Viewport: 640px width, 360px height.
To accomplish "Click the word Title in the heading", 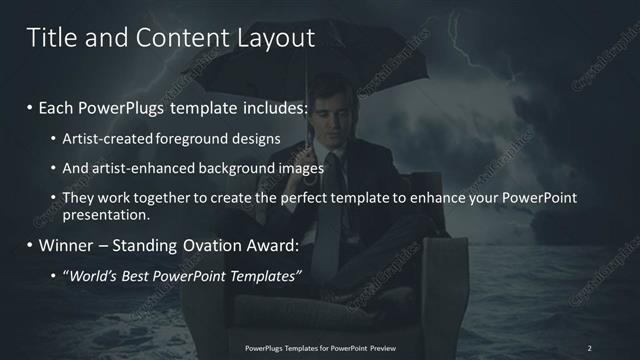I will tap(50, 38).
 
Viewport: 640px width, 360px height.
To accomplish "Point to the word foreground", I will tap(206, 137).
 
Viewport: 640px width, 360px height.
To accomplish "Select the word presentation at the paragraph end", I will tap(107, 214).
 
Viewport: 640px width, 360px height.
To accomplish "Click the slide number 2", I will tap(589, 348).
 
